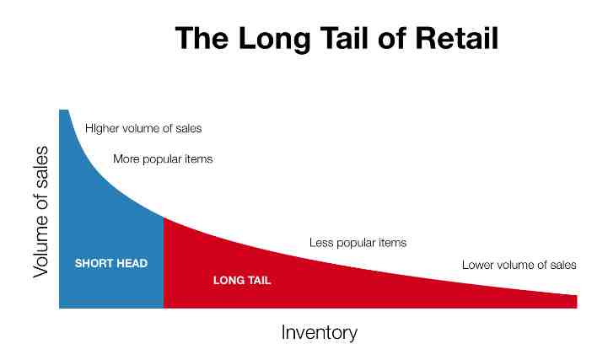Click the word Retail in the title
coord(456,38)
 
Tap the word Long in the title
coord(274,40)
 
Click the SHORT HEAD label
coord(111,264)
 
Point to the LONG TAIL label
coord(241,280)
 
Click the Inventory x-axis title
coord(319,333)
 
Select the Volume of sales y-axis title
coord(40,212)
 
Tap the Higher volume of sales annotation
coord(143,128)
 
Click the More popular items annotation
coord(163,159)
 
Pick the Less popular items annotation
coord(358,243)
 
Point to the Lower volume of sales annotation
coord(519,265)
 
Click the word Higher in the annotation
coord(102,128)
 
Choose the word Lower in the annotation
coord(476,265)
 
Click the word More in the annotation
coord(126,159)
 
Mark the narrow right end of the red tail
coord(577,302)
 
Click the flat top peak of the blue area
coord(63,110)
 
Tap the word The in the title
coord(202,38)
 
